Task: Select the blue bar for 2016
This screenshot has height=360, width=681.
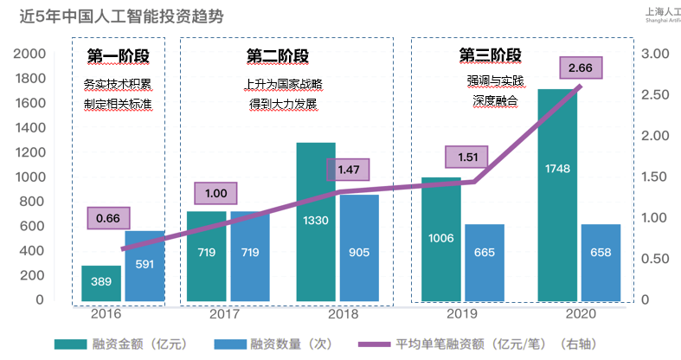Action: click(145, 266)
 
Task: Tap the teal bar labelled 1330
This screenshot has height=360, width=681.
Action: click(316, 222)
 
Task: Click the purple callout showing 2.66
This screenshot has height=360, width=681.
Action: click(581, 67)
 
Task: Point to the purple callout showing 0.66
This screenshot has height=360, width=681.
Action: click(107, 218)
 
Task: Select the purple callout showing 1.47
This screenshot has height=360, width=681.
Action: click(350, 169)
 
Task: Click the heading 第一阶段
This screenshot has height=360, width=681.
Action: click(119, 56)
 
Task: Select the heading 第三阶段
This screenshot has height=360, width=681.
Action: click(491, 55)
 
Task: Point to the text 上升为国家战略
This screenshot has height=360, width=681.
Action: click(284, 84)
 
